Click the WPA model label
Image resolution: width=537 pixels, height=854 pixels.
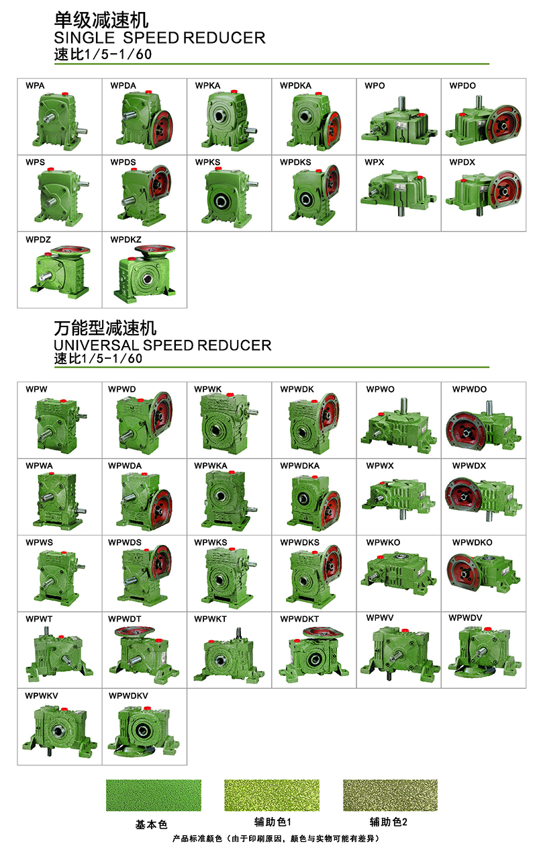(35, 86)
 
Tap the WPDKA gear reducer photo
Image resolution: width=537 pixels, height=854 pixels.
(315, 120)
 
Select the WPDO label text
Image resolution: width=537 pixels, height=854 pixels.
(462, 86)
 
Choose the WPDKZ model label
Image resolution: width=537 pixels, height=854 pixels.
(126, 239)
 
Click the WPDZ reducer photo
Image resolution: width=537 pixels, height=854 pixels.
(60, 271)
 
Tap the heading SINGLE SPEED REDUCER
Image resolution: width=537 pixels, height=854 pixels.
(160, 38)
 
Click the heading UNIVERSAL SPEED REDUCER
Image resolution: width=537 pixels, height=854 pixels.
(162, 345)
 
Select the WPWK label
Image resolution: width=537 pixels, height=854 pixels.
(208, 389)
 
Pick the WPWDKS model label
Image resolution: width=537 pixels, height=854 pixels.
(300, 542)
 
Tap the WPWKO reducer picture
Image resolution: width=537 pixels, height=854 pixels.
(399, 574)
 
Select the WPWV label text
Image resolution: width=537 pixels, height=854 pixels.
(380, 618)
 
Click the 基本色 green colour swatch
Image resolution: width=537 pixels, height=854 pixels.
(154, 796)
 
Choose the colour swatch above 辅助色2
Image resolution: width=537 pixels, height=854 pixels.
(391, 796)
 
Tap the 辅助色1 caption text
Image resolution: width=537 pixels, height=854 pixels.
(273, 822)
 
